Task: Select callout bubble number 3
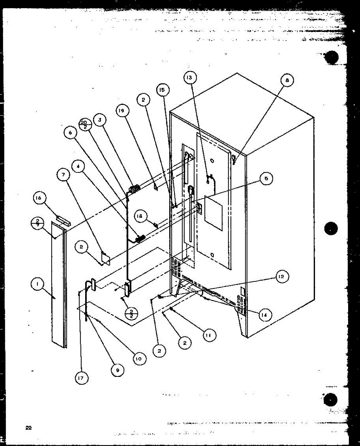click(99, 120)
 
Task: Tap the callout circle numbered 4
click(78, 167)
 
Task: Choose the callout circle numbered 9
click(117, 370)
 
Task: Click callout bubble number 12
click(282, 277)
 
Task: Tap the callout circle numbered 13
click(190, 77)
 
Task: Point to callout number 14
click(264, 315)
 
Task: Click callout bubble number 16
click(38, 198)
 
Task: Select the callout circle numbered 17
click(81, 378)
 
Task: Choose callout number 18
click(141, 217)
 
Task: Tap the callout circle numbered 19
click(122, 110)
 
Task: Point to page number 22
click(28, 427)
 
